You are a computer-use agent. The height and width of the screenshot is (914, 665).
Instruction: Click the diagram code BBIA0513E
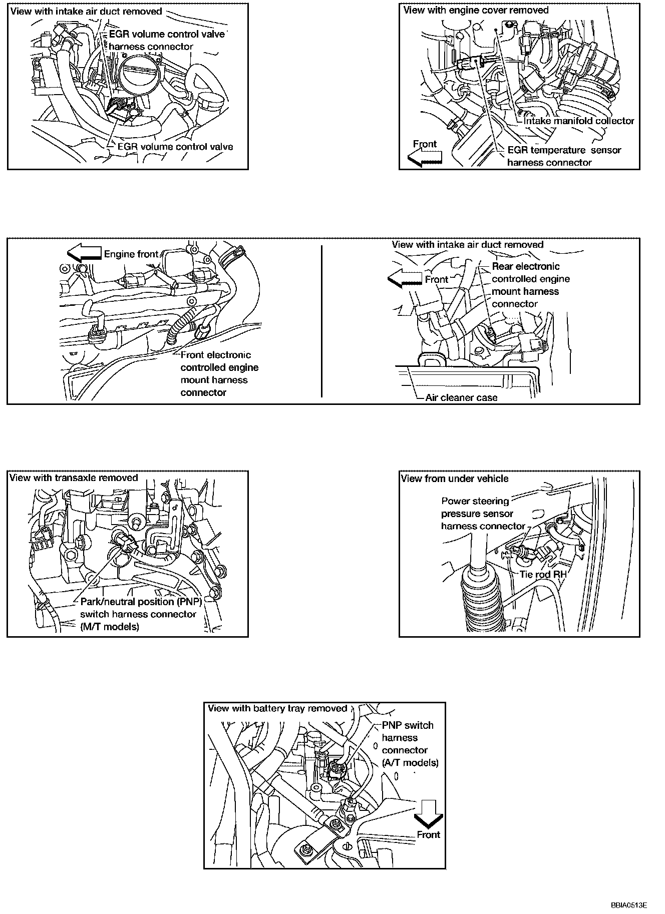[628, 905]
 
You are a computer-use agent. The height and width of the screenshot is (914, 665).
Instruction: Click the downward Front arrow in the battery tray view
[429, 814]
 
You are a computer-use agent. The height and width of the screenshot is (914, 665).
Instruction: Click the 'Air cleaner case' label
[461, 398]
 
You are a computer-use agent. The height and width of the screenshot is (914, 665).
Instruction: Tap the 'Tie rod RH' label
[542, 574]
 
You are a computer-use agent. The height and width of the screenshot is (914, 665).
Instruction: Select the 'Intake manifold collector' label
[578, 121]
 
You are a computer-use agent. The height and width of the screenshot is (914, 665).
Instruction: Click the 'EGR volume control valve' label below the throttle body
[175, 147]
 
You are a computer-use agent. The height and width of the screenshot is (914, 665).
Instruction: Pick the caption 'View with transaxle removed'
[74, 478]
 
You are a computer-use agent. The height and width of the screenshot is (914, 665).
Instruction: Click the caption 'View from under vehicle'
[454, 479]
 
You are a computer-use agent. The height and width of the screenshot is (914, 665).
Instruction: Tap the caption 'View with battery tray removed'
[277, 708]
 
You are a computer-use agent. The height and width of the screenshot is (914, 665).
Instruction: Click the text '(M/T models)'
[110, 627]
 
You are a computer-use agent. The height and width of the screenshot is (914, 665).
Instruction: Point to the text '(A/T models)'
[410, 763]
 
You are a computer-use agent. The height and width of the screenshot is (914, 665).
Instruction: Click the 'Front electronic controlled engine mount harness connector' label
[219, 373]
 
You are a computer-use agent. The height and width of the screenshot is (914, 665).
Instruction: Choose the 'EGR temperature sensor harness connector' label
[564, 156]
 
